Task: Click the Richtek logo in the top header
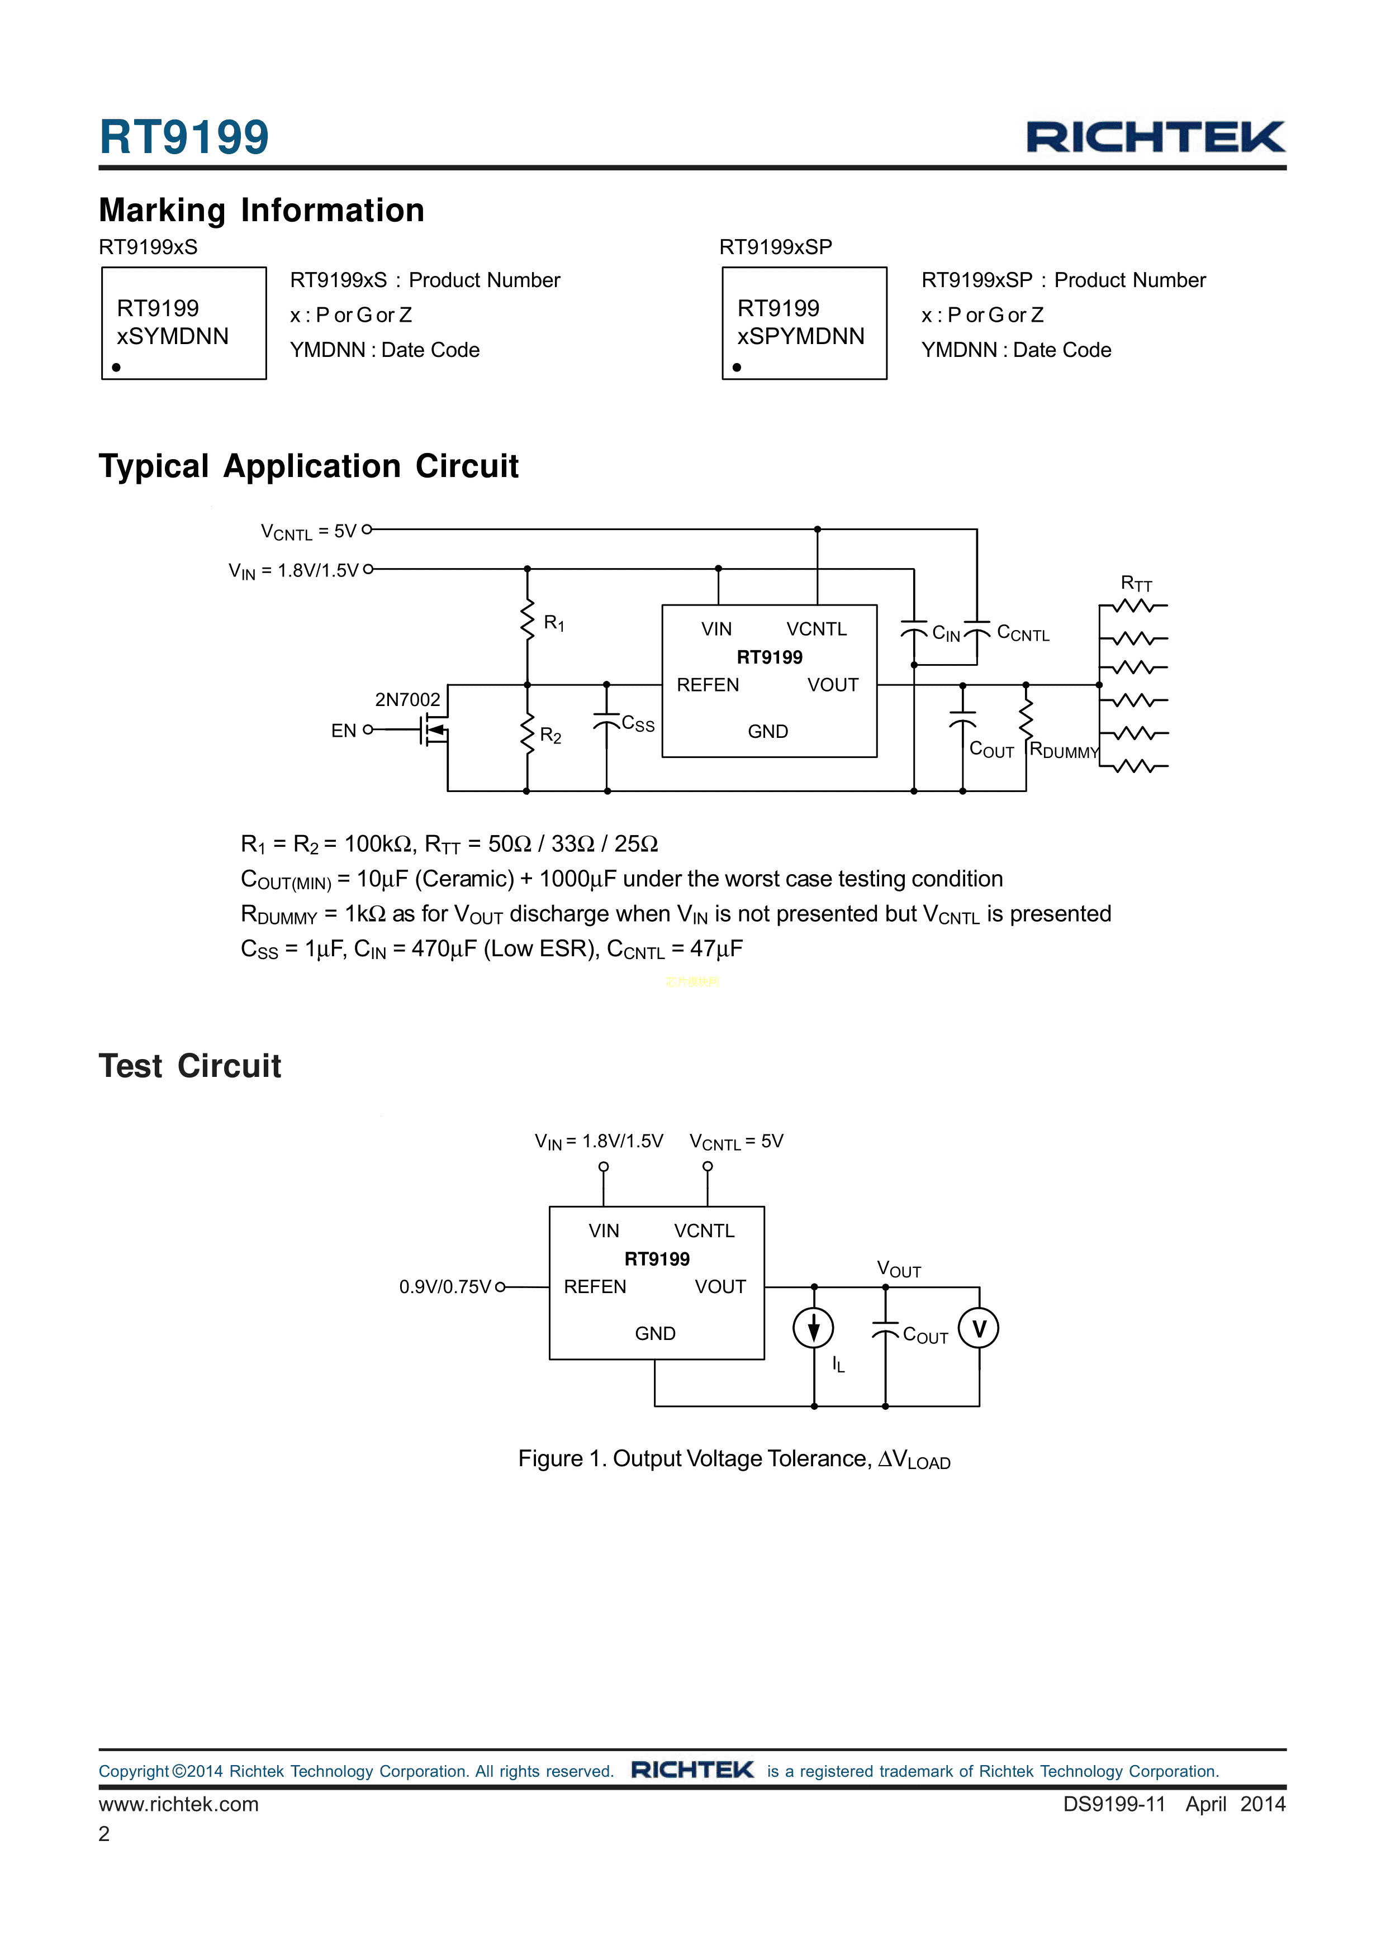pyautogui.click(x=1155, y=137)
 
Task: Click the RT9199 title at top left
pyautogui.click(x=184, y=137)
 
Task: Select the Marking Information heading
pyautogui.click(x=262, y=211)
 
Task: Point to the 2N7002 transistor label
pyautogui.click(x=407, y=700)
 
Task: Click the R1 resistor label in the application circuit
pyautogui.click(x=553, y=623)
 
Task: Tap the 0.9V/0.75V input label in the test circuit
pyautogui.click(x=445, y=1286)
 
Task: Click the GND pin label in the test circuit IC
pyautogui.click(x=655, y=1333)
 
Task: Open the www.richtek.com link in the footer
pyautogui.click(x=178, y=1804)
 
